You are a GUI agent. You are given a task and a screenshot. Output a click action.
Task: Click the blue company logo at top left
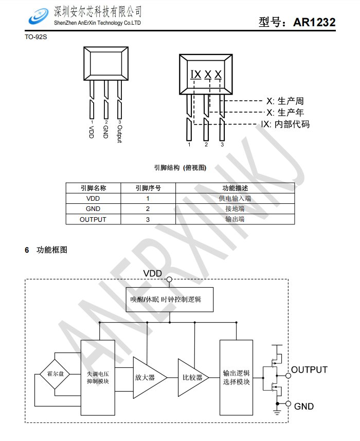39,16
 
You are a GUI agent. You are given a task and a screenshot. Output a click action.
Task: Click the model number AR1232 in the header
314,22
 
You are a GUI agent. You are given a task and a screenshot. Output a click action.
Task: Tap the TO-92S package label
35,37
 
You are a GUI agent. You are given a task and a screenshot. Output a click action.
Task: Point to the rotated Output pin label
120,134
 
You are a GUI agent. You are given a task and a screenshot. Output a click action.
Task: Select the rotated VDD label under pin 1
91,132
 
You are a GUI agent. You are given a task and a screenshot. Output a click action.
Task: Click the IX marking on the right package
196,75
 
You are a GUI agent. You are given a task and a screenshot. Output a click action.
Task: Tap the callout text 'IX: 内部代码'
285,124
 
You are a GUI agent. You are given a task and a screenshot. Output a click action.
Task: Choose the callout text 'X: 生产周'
285,101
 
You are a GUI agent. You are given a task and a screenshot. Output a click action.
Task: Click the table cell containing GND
93,209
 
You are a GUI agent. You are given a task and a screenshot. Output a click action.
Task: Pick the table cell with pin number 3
148,219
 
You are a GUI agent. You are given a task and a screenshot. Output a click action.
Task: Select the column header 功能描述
235,188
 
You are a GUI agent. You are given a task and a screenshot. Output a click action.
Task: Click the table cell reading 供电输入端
235,198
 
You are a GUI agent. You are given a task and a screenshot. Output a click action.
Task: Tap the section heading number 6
27,250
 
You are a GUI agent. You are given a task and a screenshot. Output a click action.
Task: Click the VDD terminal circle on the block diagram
169,279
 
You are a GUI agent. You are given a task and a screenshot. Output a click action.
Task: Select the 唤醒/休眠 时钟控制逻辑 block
170,299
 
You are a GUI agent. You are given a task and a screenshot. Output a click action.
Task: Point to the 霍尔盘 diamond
55,374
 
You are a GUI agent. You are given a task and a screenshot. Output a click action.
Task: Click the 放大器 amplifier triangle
150,378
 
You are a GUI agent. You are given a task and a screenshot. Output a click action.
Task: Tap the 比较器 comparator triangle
193,377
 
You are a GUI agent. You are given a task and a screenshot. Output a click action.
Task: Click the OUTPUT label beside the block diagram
310,370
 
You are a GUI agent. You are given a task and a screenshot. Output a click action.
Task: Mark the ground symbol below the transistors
277,413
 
